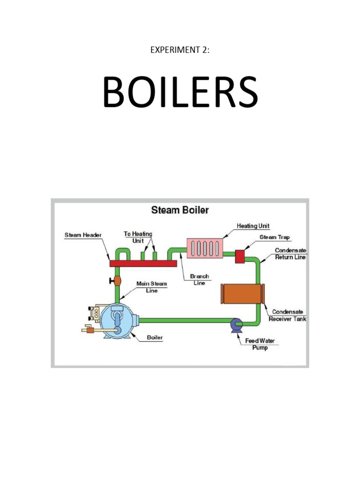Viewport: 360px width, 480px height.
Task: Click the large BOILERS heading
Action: [x=180, y=92]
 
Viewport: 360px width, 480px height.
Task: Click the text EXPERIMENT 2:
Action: [x=180, y=50]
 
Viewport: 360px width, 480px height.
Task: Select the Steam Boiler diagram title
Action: [x=180, y=210]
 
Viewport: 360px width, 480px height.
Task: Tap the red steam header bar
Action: [x=143, y=263]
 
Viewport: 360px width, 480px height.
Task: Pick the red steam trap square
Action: [x=240, y=256]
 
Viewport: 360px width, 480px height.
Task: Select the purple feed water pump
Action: [x=235, y=324]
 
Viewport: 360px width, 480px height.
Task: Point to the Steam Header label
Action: [x=83, y=235]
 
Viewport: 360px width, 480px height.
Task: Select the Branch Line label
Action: [x=200, y=279]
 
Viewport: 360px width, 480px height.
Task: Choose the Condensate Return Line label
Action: [x=291, y=254]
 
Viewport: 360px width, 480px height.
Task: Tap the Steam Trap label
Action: [x=274, y=238]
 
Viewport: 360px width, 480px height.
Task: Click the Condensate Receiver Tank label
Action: [x=287, y=315]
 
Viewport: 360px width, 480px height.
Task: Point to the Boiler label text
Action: [x=155, y=337]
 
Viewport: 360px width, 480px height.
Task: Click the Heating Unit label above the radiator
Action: [x=253, y=226]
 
